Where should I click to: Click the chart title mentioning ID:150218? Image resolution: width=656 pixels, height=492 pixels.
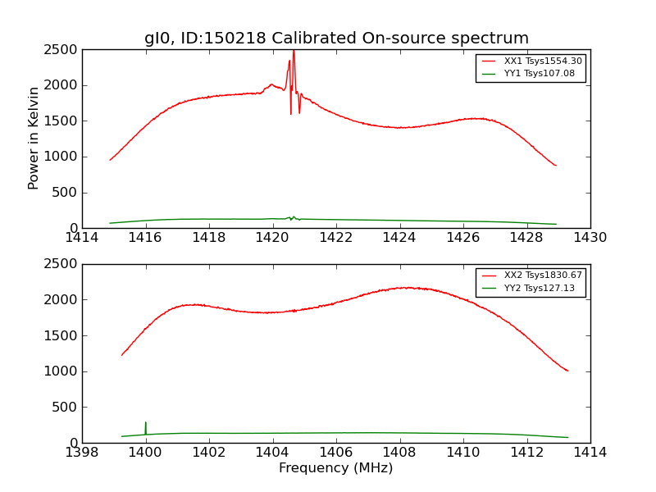pos(336,38)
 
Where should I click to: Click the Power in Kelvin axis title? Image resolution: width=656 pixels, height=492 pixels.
pos(34,138)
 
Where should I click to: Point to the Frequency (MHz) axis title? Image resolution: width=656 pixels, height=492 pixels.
pos(335,468)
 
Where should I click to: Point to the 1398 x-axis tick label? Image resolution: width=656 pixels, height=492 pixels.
pos(82,453)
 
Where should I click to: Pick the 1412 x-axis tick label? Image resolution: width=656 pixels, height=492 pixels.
pos(526,453)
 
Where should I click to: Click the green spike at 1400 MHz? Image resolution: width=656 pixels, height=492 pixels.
pos(146,423)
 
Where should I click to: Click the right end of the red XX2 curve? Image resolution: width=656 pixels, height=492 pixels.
pos(567,371)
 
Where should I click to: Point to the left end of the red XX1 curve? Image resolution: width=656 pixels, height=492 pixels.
pos(111,159)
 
